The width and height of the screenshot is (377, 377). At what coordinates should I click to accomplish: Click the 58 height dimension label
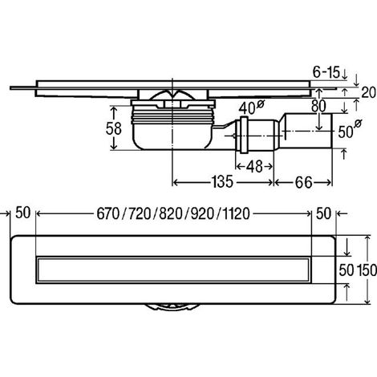pyautogui.click(x=114, y=128)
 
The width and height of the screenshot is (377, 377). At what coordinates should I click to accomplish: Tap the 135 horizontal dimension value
pyautogui.click(x=222, y=182)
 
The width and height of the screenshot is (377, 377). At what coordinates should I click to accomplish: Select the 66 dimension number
pyautogui.click(x=303, y=183)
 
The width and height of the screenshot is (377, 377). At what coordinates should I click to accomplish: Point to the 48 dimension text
pyautogui.click(x=254, y=167)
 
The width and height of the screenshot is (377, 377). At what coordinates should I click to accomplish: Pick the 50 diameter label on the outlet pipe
pyautogui.click(x=350, y=130)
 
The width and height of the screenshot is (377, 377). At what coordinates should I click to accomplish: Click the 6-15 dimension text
pyautogui.click(x=326, y=72)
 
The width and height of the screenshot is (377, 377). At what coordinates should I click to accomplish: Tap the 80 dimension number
pyautogui.click(x=318, y=106)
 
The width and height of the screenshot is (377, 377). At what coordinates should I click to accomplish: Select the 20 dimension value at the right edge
pyautogui.click(x=368, y=93)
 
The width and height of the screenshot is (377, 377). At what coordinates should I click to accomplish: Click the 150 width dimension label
pyautogui.click(x=367, y=270)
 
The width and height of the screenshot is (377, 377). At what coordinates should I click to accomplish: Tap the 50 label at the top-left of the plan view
pyautogui.click(x=23, y=213)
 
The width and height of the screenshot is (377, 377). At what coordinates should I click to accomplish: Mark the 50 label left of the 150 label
pyautogui.click(x=347, y=270)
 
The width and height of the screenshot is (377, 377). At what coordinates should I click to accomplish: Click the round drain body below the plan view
pyautogui.click(x=172, y=307)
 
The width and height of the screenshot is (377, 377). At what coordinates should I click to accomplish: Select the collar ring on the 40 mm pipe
pyautogui.click(x=243, y=136)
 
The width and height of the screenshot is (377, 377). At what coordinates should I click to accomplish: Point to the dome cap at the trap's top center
pyautogui.click(x=172, y=97)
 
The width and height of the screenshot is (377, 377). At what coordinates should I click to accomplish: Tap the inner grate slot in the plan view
pyautogui.click(x=173, y=270)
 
